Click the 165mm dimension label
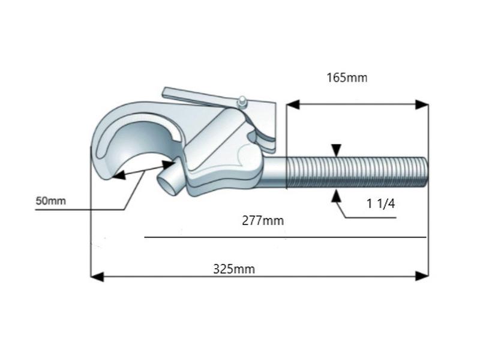point(346,77)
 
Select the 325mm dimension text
point(234,269)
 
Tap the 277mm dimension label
point(262,220)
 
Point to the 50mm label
point(50,200)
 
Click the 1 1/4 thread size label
point(381,204)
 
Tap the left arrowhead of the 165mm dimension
point(293,104)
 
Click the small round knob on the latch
point(241,100)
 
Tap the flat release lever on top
point(192,98)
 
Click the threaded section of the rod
point(354,172)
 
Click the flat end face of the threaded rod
point(427,172)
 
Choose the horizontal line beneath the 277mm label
point(285,238)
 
